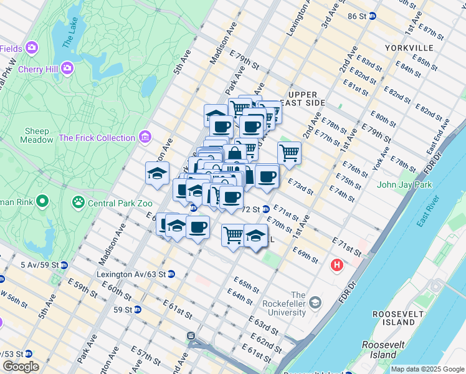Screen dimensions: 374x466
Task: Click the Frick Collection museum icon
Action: (146, 137)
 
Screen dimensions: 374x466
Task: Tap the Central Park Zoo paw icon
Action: (78, 201)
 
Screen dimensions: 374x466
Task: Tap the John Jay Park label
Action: (404, 185)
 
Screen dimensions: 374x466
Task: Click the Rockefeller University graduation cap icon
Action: (315, 302)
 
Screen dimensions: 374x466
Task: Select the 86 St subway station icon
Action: (373, 16)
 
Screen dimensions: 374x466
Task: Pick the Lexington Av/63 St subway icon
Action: (171, 274)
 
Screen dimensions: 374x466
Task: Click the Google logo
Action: (21, 367)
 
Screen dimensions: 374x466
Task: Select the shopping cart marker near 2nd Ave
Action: (289, 151)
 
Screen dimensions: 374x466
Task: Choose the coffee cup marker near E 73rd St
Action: (267, 176)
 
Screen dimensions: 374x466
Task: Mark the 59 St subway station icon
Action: (137, 309)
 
